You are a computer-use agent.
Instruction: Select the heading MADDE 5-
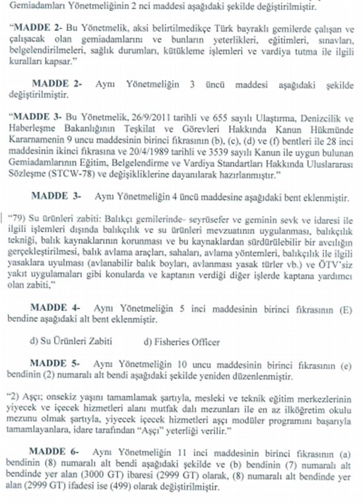pos(56,364)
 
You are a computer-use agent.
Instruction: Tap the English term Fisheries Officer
pos(177,342)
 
